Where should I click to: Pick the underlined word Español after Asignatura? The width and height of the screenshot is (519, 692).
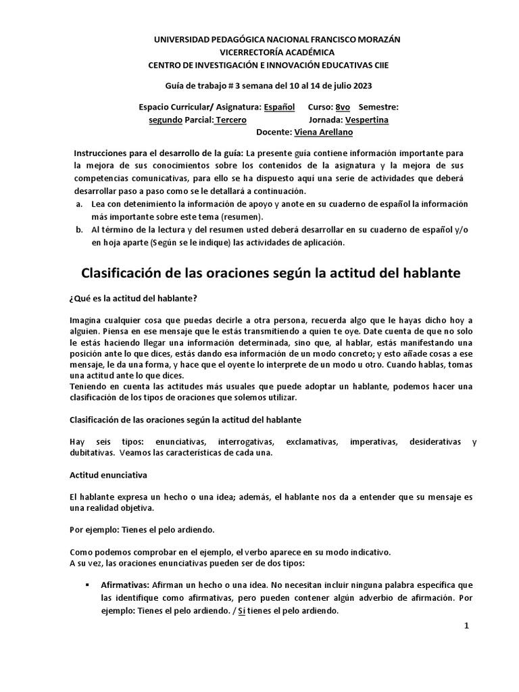pos(279,107)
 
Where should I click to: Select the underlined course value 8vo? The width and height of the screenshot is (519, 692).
pos(343,107)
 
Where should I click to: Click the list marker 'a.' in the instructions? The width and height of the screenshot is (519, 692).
pos(79,204)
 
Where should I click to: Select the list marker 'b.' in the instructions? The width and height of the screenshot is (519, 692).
pos(79,230)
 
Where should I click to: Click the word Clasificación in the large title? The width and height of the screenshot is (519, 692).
pos(132,274)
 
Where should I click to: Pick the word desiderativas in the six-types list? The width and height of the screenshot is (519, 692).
pos(436,441)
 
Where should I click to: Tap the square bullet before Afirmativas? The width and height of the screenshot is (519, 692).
pos(88,583)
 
